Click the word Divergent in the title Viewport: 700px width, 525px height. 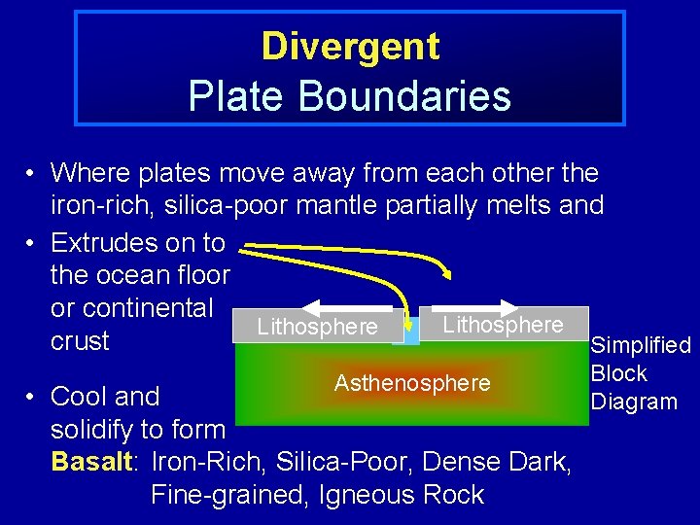[350, 46]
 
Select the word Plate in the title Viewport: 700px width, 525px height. [226, 96]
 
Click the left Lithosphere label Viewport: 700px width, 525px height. [317, 328]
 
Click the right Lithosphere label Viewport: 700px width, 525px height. [503, 325]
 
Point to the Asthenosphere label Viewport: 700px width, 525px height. [412, 383]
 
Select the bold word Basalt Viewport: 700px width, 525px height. [91, 462]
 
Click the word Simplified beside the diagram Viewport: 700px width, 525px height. [641, 345]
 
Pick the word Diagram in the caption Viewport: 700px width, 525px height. [634, 402]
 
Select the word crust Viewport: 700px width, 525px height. [80, 341]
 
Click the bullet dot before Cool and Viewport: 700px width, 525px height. [32, 398]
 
